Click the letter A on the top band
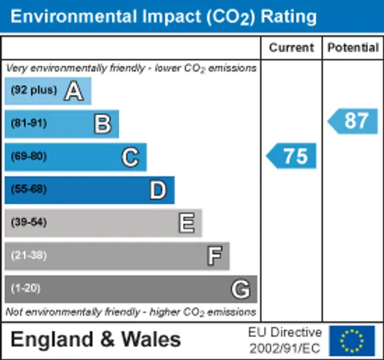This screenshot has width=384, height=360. [x=74, y=91]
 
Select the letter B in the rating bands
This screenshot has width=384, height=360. [x=103, y=124]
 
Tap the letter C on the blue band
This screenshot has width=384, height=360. [x=131, y=157]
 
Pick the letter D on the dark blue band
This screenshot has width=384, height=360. [x=158, y=190]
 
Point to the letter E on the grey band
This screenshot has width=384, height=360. [x=187, y=223]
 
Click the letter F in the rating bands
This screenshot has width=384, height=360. [x=214, y=256]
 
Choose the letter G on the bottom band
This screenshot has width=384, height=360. [x=240, y=289]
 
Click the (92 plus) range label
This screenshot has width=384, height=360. [x=34, y=90]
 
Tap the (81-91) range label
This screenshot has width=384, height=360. [x=29, y=123]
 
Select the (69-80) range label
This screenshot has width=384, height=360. [x=29, y=156]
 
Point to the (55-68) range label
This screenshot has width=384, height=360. [x=29, y=189]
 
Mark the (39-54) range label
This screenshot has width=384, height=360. [x=29, y=222]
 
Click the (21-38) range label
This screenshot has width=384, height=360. [x=29, y=255]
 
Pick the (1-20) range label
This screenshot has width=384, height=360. [x=25, y=288]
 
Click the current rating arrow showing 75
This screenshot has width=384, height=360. [x=291, y=156]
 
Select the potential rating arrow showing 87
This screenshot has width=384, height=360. [x=353, y=121]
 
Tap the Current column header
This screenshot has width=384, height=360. [x=292, y=48]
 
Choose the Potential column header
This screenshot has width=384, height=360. [x=353, y=48]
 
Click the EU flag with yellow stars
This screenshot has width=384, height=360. [x=352, y=341]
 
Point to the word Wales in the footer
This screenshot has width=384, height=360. [x=151, y=339]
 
